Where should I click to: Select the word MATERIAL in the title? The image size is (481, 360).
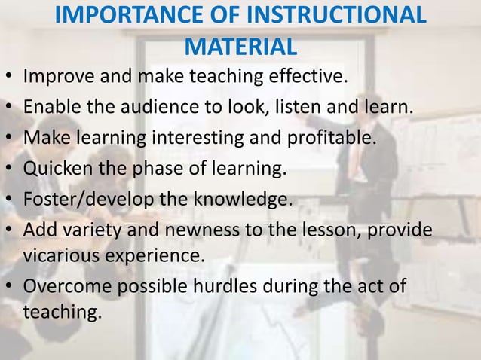[240, 47]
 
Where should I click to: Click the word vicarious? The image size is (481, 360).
[59, 255]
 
